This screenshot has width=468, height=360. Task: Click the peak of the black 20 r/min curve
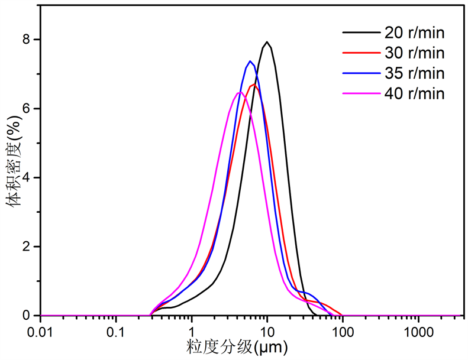click(267, 42)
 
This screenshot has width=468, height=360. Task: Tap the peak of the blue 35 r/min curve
click(250, 61)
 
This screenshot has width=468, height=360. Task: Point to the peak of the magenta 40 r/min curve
click(238, 92)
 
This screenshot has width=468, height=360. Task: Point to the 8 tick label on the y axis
click(27, 40)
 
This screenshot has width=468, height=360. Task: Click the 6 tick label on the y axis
click(27, 109)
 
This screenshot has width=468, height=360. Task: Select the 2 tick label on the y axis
click(27, 247)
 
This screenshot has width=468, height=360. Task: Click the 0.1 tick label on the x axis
click(117, 329)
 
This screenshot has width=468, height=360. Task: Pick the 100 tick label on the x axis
click(343, 329)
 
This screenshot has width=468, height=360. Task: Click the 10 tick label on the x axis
click(267, 329)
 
